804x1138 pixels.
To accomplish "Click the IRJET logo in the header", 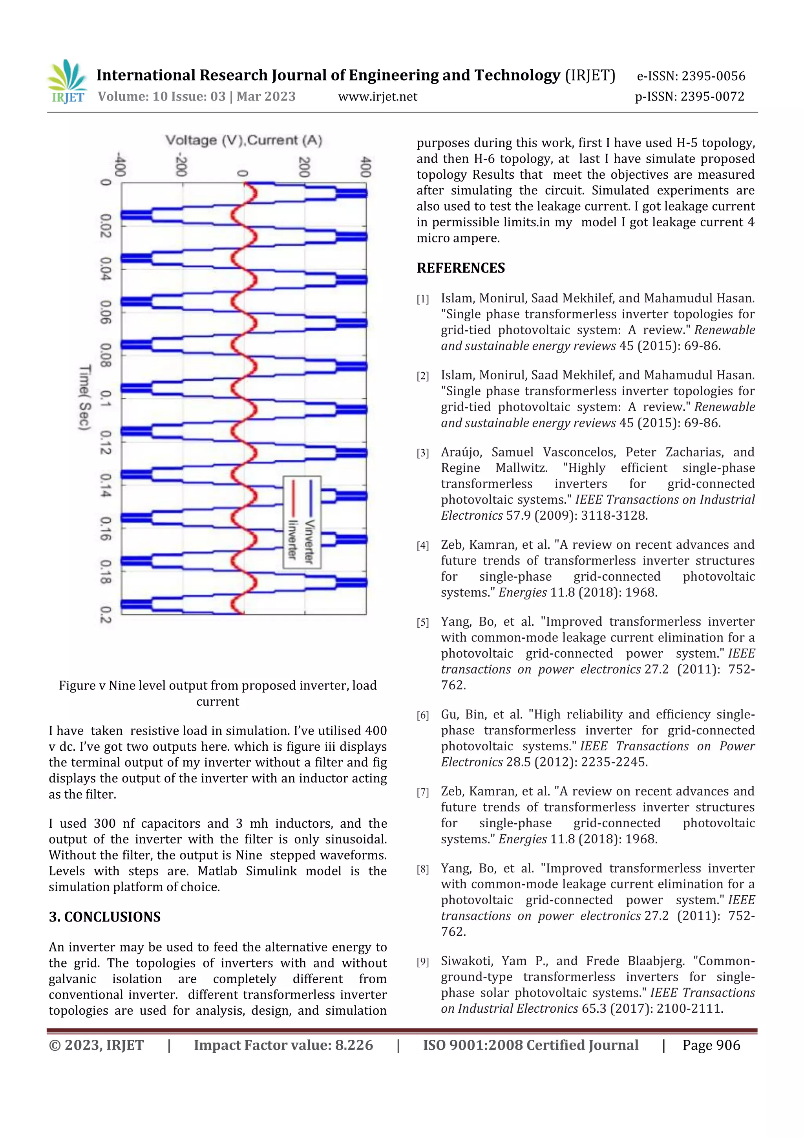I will tap(67, 82).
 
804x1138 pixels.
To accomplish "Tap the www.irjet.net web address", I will tap(378, 97).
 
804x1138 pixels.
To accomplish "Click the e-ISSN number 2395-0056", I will tap(713, 76).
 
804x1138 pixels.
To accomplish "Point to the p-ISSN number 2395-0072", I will tap(712, 97).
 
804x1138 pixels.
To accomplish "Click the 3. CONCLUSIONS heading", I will tap(104, 916).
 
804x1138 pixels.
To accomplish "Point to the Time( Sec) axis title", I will tap(85, 398).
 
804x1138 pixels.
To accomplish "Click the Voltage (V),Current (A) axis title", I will tap(244, 140).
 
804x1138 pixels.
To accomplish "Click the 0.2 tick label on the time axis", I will tap(106, 615).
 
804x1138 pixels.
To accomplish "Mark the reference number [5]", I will tap(422, 623).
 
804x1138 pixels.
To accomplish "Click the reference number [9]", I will tap(422, 962).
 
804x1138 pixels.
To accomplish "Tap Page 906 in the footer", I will tap(711, 1045).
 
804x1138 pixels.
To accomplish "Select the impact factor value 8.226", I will tap(354, 1045).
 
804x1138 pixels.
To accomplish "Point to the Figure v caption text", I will tap(217, 693).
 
